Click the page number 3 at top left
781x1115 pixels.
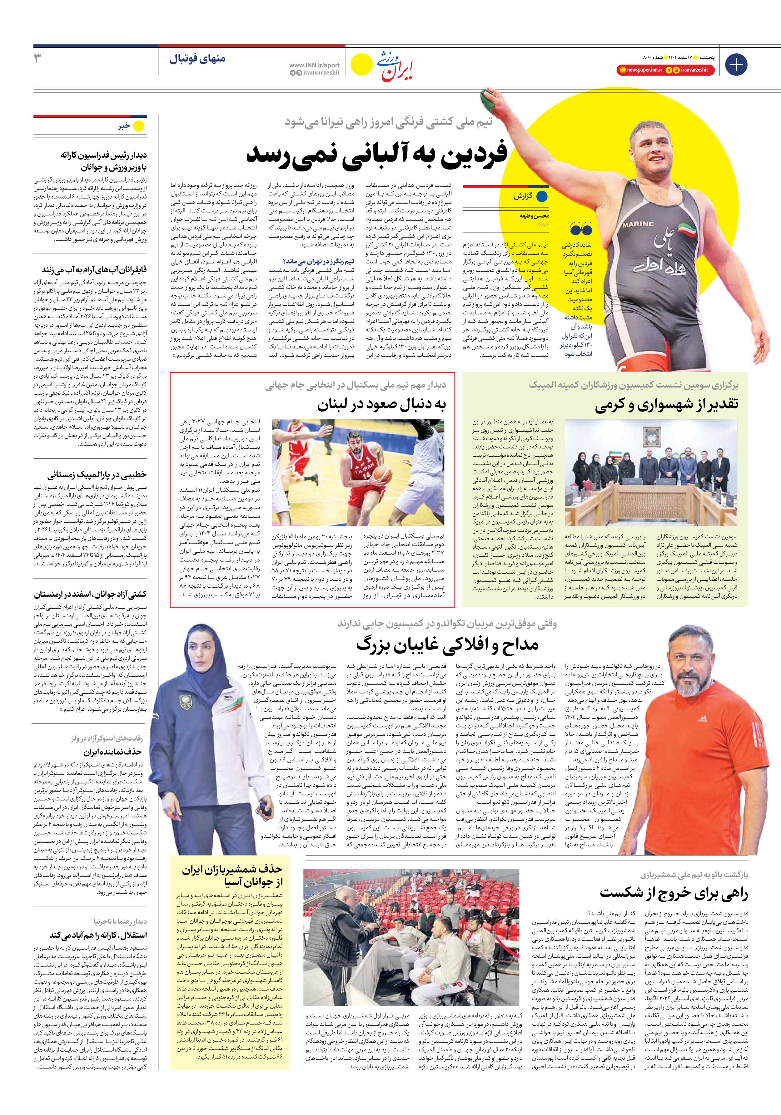coord(37,59)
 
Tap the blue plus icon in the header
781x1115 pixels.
coord(736,65)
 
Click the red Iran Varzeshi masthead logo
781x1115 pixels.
coord(396,66)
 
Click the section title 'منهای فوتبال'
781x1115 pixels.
coord(197,59)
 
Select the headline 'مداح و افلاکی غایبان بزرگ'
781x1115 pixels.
coord(447,645)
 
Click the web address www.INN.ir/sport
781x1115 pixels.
coord(314,65)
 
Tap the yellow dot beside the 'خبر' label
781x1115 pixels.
coord(139,126)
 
